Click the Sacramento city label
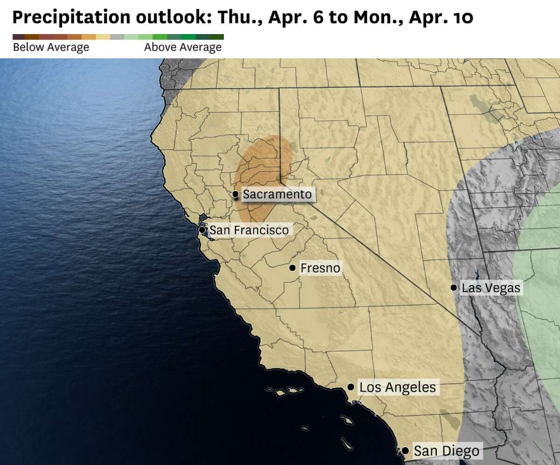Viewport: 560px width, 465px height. tap(277, 194)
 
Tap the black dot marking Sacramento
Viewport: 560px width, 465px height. tap(236, 194)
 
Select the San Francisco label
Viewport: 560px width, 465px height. tap(249, 230)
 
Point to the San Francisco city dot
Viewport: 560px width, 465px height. tap(202, 230)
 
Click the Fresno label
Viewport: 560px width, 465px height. tap(320, 268)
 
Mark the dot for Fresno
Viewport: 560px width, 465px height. tap(292, 268)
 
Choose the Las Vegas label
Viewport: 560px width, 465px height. tap(490, 287)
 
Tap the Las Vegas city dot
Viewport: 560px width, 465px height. tap(454, 287)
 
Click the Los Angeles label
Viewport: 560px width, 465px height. tap(398, 387)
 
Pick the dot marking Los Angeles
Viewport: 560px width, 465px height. tap(350, 387)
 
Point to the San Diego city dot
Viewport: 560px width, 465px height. tap(406, 451)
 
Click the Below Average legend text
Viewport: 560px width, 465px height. tap(51, 47)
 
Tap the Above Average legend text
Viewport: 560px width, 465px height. tap(183, 47)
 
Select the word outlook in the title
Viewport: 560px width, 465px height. tap(165, 18)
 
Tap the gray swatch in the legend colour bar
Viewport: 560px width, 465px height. tap(118, 37)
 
